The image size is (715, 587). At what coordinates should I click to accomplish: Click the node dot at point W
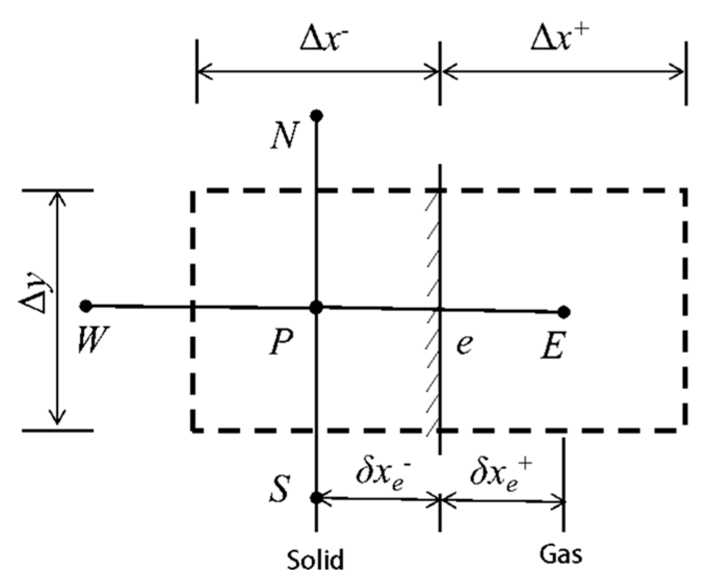86,306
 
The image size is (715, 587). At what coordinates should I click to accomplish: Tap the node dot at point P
316,307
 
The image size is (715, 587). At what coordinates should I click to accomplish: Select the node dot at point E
564,312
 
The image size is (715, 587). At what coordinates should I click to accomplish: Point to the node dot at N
316,115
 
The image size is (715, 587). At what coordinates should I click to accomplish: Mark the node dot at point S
316,498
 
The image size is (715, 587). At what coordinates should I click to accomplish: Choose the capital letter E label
552,346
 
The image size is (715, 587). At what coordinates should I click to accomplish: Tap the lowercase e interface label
464,343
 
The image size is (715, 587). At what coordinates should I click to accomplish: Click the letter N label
285,136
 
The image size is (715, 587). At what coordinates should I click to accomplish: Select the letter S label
280,489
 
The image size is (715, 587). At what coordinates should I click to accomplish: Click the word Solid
315,559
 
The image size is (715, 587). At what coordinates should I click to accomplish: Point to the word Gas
561,554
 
